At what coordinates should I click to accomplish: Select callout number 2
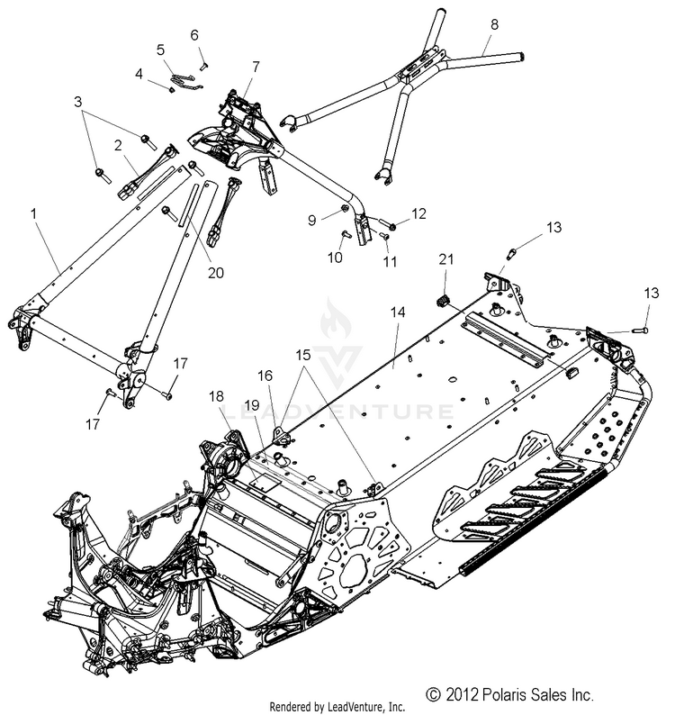(118, 144)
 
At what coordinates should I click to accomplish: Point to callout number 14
(398, 312)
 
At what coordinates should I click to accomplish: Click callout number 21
(444, 259)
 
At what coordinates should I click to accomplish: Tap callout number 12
(392, 213)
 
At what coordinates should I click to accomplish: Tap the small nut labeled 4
(171, 87)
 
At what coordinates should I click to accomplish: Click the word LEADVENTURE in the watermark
(337, 413)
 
